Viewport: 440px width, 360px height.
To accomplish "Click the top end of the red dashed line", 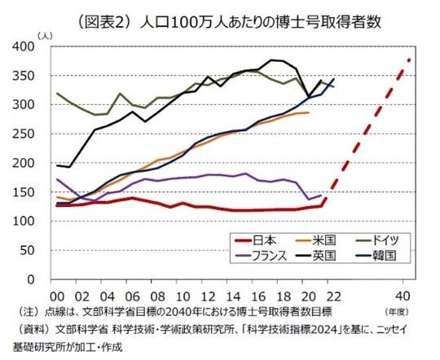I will click(409, 59).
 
